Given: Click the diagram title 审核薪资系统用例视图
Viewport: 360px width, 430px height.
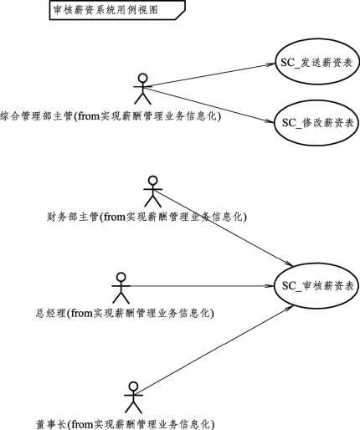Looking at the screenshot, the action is [x=105, y=10].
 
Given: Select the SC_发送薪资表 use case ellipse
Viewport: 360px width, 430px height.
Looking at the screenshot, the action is [x=316, y=62].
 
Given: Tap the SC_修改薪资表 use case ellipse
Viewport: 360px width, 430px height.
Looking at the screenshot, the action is [x=316, y=123].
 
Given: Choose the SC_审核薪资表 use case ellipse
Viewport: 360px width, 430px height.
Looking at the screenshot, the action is [x=316, y=285].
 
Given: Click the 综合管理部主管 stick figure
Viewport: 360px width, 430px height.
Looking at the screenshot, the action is [x=142, y=90].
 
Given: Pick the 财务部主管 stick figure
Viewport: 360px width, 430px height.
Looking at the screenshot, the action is [x=152, y=192].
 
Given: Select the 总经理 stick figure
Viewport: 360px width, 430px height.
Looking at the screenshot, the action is [x=121, y=288].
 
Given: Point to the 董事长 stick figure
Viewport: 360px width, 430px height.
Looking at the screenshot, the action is [x=133, y=397].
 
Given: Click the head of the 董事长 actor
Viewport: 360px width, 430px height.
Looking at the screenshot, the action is [x=133, y=386].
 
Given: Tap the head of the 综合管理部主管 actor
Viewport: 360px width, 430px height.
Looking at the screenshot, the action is [x=142, y=78].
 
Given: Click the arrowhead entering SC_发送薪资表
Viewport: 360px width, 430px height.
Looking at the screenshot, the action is [x=270, y=64].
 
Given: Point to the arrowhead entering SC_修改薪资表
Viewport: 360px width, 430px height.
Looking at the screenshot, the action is [x=270, y=121].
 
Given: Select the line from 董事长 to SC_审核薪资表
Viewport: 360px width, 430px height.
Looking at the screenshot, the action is [x=213, y=351].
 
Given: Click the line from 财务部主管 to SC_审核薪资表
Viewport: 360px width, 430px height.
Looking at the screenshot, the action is [x=223, y=228].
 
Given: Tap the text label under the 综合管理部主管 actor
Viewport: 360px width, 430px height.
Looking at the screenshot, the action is [x=111, y=116].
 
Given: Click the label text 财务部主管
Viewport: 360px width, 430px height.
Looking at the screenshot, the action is [x=72, y=217].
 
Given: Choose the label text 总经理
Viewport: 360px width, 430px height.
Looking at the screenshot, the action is [x=50, y=313].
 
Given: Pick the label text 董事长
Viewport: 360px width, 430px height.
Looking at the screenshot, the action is [x=51, y=424].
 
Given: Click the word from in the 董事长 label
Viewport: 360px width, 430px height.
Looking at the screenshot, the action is [x=82, y=424].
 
